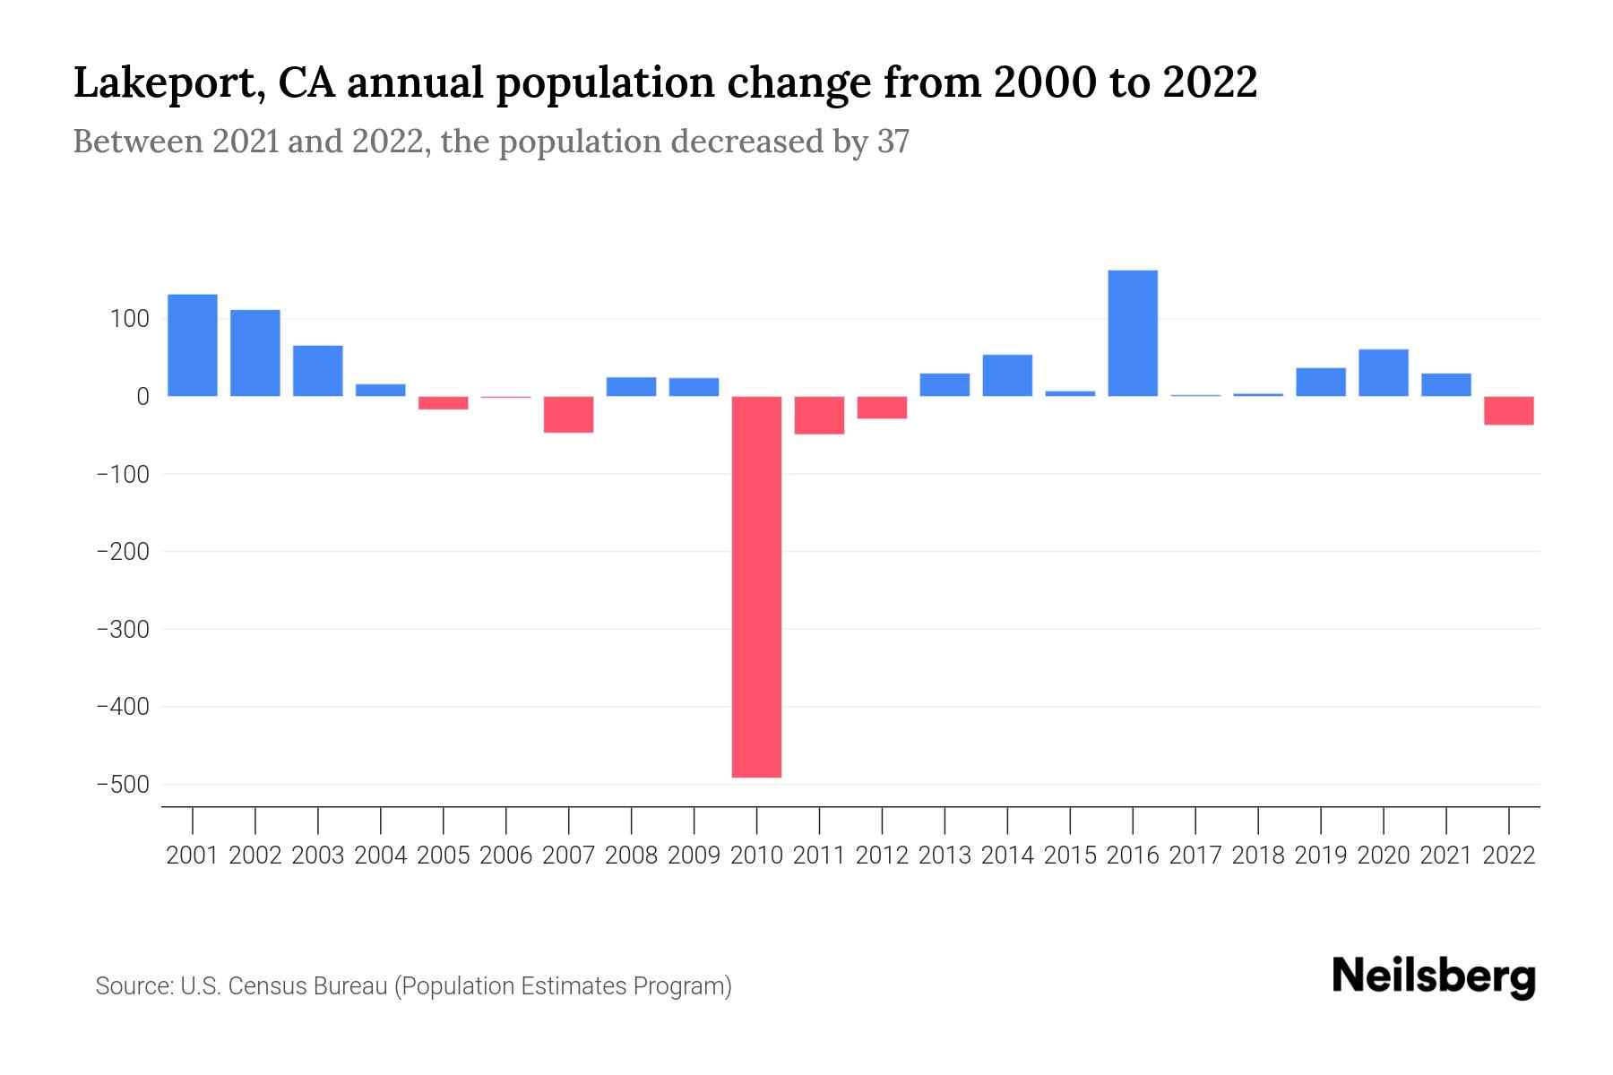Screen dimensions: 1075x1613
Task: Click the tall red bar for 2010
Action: [x=756, y=587]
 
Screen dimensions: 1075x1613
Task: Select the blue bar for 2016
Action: [x=1133, y=333]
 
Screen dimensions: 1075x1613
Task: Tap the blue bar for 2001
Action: [x=193, y=345]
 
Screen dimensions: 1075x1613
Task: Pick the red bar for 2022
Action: [x=1509, y=410]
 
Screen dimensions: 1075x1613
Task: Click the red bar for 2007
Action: [x=568, y=415]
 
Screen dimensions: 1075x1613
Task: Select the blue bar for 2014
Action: [x=1007, y=375]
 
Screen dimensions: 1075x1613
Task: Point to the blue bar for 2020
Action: [x=1384, y=373]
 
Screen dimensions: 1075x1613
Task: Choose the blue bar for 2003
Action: [x=318, y=371]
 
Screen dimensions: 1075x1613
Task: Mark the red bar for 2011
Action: [x=819, y=416]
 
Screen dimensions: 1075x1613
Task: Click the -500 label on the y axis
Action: [x=123, y=785]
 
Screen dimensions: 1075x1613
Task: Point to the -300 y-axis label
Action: [x=123, y=630]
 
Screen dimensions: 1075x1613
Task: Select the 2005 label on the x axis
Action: [x=444, y=856]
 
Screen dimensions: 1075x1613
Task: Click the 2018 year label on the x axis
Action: [x=1258, y=856]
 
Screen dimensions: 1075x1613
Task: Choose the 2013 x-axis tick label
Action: [x=945, y=856]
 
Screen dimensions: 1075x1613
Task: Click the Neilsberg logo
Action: [x=1434, y=976]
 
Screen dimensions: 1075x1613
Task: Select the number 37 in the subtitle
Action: [x=893, y=142]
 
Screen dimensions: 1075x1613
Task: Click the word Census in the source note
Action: [x=268, y=986]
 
